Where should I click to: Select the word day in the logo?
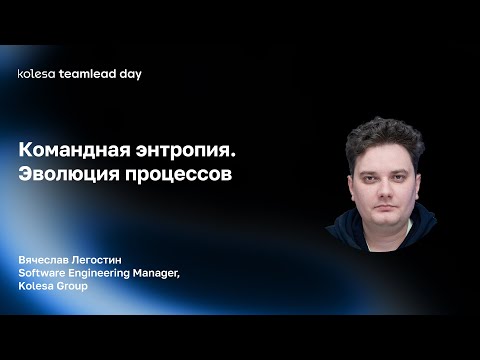click(128, 74)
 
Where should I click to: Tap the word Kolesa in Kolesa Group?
click(35, 286)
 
